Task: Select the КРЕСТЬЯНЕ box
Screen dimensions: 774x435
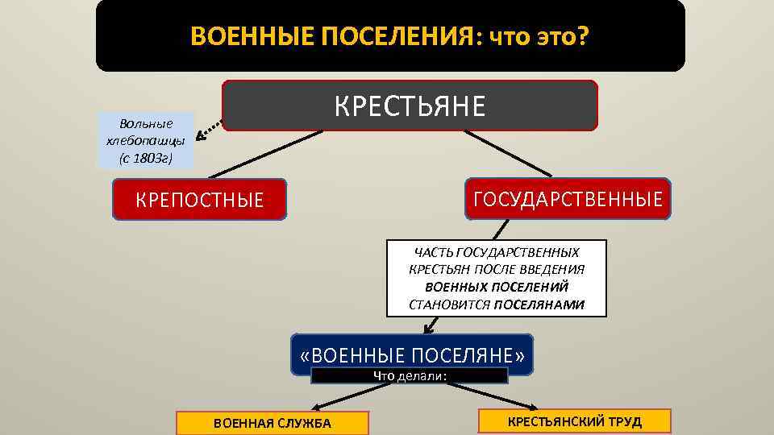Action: click(x=410, y=106)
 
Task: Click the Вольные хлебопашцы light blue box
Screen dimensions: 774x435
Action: click(x=146, y=140)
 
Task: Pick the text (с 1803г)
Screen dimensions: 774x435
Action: click(x=146, y=157)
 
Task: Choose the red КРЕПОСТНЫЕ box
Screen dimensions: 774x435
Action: click(x=200, y=200)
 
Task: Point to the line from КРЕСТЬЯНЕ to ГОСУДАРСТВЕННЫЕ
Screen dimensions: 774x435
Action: click(x=508, y=153)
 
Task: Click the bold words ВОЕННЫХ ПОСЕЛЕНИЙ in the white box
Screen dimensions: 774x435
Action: click(x=497, y=287)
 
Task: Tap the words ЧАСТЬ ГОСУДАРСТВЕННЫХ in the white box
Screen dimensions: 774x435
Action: click(x=497, y=252)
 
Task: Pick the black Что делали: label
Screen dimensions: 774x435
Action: click(x=410, y=375)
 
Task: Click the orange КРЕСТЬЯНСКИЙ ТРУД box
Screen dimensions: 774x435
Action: click(x=574, y=421)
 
